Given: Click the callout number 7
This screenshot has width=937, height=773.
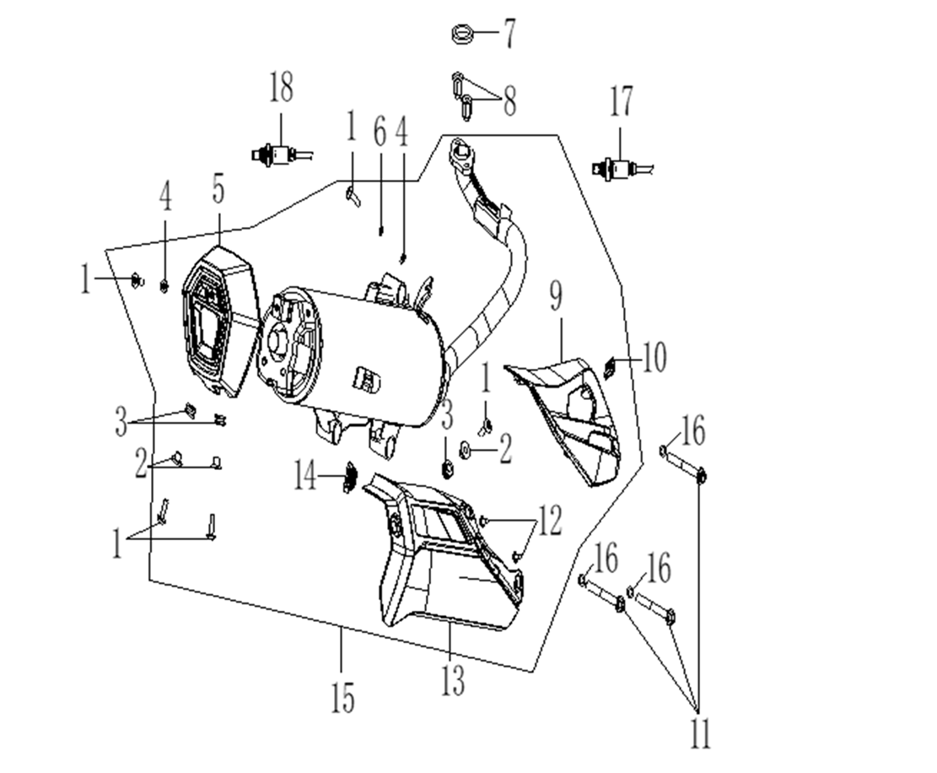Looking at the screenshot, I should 509,35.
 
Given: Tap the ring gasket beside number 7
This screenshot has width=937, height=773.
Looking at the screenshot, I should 460,35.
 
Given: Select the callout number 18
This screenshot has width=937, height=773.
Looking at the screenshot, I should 282,87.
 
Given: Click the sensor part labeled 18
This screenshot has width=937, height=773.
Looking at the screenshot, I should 275,154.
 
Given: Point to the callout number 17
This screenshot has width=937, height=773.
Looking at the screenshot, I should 622,103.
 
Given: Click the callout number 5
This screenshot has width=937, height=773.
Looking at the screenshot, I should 218,191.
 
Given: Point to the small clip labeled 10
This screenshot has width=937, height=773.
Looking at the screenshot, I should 612,365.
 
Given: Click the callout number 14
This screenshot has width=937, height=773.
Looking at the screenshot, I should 308,478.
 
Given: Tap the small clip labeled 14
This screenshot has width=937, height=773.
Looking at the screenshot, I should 347,479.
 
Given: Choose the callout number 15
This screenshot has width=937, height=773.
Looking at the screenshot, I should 342,697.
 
